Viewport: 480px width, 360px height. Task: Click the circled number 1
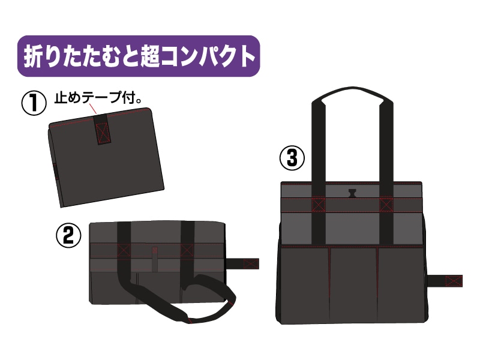coord(34,103)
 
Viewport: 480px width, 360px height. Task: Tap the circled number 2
coord(68,235)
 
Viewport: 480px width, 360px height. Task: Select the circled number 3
coord(292,158)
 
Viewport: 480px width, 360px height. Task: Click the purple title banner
coord(139,56)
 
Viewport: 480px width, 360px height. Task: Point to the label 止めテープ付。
coord(98,98)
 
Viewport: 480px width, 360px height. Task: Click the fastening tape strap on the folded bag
coord(103,129)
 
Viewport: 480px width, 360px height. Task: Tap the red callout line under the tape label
coord(93,109)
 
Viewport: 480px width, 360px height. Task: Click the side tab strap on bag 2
coord(244,264)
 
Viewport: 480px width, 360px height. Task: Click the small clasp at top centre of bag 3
coord(352,193)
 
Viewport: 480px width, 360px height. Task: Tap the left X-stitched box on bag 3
coord(319,205)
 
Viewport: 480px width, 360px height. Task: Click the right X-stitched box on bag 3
coord(386,205)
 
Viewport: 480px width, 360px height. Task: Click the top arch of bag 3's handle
coord(352,91)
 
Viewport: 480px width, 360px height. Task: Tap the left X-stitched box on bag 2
coord(124,250)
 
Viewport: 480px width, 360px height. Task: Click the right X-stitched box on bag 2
coord(187,250)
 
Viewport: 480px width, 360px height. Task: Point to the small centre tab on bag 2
coord(155,259)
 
